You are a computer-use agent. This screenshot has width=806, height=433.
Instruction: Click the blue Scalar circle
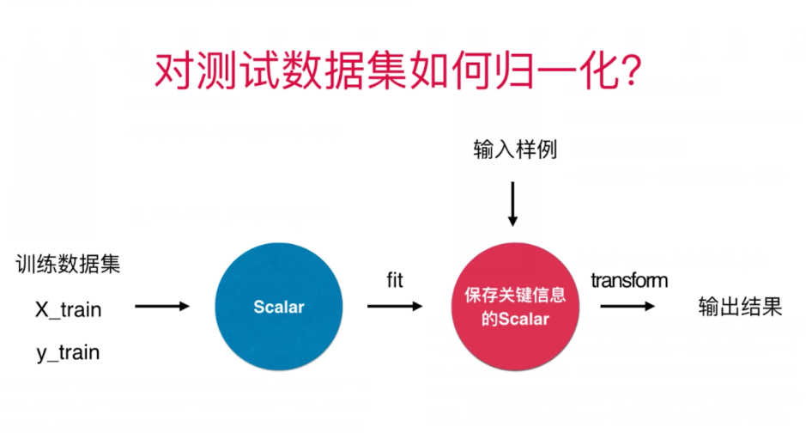pos(279,307)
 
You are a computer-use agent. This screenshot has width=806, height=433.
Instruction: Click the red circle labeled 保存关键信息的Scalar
pos(513,307)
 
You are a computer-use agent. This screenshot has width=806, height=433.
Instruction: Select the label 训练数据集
pos(68,264)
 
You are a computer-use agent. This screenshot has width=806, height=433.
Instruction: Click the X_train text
pos(68,308)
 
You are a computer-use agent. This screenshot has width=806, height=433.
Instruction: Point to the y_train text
pos(68,352)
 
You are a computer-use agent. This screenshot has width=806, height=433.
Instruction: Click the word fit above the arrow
pos(394,280)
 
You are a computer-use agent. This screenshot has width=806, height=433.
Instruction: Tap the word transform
pos(629,280)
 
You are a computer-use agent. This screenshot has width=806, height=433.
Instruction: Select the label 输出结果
pos(740,308)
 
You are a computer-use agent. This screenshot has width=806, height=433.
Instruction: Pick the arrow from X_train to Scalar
pos(161,307)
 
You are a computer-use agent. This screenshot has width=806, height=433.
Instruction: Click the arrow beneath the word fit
pos(395,307)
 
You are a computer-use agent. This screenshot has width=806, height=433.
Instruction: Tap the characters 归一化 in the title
pos(539,72)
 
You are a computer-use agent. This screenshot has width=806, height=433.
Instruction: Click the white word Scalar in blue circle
pos(279,307)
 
